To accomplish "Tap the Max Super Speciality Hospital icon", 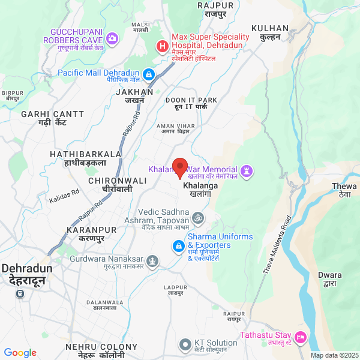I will [162, 46].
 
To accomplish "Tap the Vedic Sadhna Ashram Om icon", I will [199, 217].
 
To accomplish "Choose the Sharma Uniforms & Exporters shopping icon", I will [178, 246].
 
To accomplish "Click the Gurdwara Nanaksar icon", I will [153, 261].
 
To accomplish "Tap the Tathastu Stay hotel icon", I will [301, 339].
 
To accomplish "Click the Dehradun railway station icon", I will [20, 294].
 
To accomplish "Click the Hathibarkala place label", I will [86, 158].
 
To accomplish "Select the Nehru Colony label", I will [102, 350].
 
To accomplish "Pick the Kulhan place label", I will [270, 32].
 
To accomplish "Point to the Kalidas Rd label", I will [64, 194].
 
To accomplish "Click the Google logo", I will [20, 353].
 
